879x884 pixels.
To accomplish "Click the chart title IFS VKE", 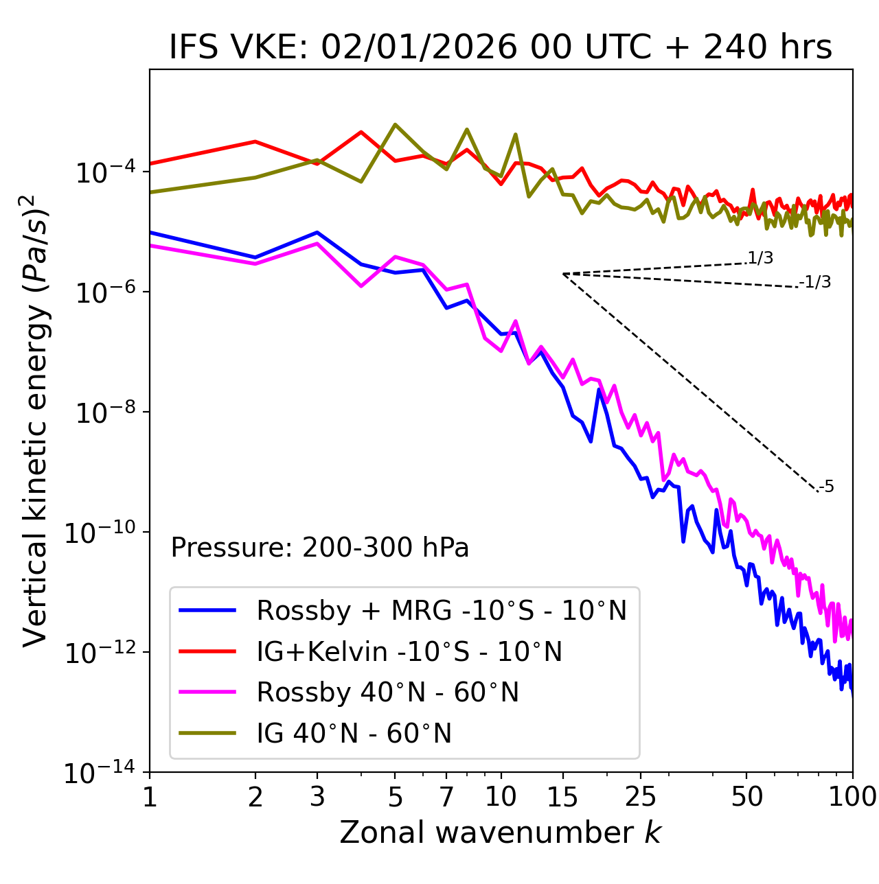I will pos(500,48).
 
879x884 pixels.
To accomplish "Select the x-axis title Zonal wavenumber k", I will pos(500,833).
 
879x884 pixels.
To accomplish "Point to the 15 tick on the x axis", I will pos(562,797).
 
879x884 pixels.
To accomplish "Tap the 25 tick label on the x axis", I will pos(640,797).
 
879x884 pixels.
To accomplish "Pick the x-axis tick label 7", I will pos(446,797).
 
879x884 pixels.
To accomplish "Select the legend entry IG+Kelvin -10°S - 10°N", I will pos(409,651).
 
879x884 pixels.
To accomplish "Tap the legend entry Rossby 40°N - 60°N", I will pos(387,693).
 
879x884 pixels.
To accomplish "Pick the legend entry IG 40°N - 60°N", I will pos(354,734).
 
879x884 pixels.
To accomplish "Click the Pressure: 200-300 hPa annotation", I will pos(320,548).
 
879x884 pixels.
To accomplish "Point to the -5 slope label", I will pos(827,487).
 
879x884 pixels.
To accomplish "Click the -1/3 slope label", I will pos(816,282).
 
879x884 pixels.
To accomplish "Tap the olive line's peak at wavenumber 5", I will pos(395,124).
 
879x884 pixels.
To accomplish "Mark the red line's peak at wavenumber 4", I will pos(361,132).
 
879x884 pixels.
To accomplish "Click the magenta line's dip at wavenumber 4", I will pos(361,286).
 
